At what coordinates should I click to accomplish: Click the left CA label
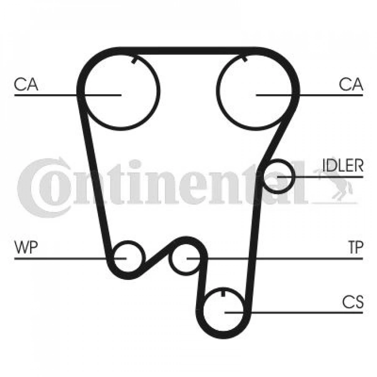coord(26,84)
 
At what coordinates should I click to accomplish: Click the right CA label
coord(351,84)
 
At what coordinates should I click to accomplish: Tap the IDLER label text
coord(343,165)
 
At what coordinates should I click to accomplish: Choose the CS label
coord(353,302)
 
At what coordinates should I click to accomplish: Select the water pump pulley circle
coord(129,241)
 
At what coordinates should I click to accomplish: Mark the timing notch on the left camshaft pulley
coord(134,60)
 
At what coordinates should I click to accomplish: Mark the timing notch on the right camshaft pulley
coord(245,58)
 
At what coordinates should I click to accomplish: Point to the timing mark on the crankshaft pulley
coord(223,293)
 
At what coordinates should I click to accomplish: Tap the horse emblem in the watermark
coord(336,184)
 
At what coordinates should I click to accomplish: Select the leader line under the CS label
coord(294,313)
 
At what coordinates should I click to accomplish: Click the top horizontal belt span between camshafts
coord(188,51)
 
